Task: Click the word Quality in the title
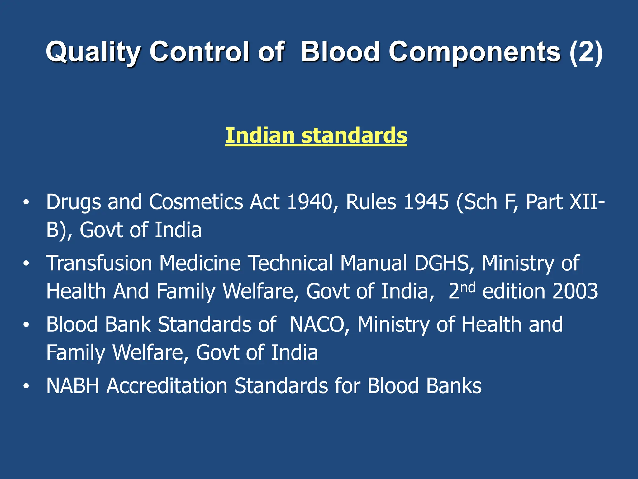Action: pyautogui.click(x=94, y=52)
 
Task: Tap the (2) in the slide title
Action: pyautogui.click(x=586, y=52)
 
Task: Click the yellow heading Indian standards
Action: pyautogui.click(x=316, y=135)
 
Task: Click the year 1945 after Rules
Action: pyautogui.click(x=426, y=202)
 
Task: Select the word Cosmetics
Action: pyautogui.click(x=196, y=202)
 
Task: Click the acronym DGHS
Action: pyautogui.click(x=442, y=263)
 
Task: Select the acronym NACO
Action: pyautogui.click(x=317, y=325)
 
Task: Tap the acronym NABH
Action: pyautogui.click(x=73, y=386)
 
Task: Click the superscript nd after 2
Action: pyautogui.click(x=468, y=287)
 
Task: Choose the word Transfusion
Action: pyautogui.click(x=99, y=263)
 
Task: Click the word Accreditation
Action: pyautogui.click(x=167, y=386)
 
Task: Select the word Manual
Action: pyautogui.click(x=374, y=263)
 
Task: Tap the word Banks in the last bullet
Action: pyautogui.click(x=454, y=386)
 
